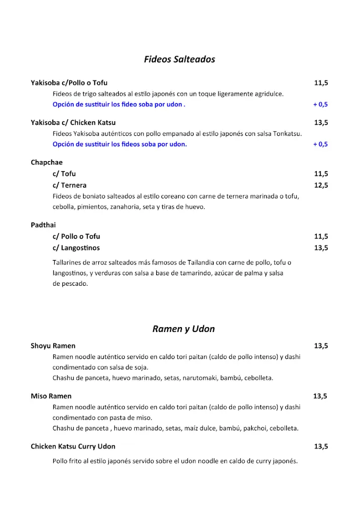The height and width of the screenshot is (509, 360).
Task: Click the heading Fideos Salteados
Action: pos(180,59)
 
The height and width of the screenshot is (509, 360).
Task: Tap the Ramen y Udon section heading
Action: pos(183,329)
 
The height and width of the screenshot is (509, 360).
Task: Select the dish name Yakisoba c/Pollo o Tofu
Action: pos(69,83)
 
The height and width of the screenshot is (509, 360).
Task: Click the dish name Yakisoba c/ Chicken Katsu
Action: pos(73,122)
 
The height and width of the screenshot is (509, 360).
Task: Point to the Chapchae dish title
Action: pos(47,163)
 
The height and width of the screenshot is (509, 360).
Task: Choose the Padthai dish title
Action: pos(43,225)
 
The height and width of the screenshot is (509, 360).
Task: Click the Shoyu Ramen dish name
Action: pos(53,346)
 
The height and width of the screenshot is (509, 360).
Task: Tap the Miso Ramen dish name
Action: pos(51,396)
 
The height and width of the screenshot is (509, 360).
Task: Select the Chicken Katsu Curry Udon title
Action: pos(73,446)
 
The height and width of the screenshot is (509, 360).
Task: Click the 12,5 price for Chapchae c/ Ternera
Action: pos(321,185)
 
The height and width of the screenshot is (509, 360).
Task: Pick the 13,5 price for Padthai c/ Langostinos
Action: pos(321,248)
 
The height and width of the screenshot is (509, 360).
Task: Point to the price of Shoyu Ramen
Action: pos(321,346)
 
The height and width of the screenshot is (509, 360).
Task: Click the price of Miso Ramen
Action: pos(320,396)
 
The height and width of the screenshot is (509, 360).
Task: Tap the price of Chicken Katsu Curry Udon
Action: pos(321,446)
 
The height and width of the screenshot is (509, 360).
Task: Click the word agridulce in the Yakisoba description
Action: pos(268,93)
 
